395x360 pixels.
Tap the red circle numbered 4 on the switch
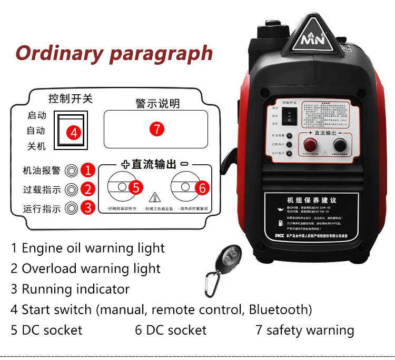click(74, 133)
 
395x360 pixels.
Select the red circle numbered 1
click(88, 170)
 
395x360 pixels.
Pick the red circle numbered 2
click(88, 189)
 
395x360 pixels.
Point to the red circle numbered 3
click(88, 207)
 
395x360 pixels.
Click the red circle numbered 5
click(135, 187)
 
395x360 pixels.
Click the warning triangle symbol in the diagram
click(155, 197)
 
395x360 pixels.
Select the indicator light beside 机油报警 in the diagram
click(71, 171)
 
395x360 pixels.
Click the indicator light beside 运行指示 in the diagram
click(71, 208)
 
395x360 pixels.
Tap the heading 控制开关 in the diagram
click(71, 98)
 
